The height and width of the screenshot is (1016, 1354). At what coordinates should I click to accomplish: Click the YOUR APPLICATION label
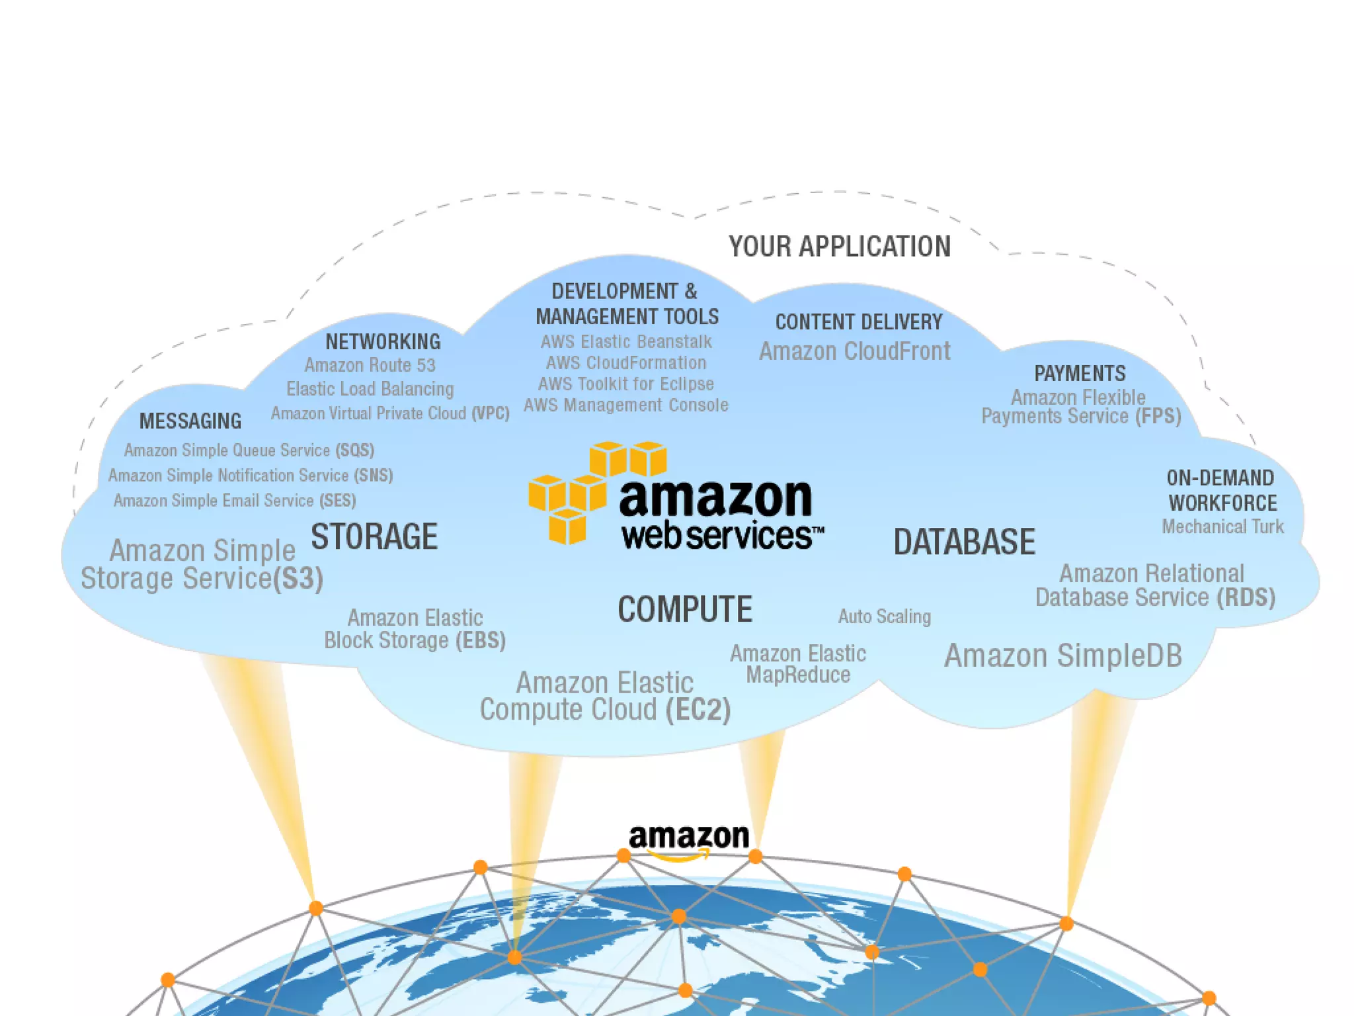(840, 247)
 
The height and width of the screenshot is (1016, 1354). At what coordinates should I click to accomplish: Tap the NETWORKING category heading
(383, 342)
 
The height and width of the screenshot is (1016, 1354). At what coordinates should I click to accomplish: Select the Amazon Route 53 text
(370, 365)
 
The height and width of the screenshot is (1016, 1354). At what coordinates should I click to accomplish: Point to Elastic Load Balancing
(370, 389)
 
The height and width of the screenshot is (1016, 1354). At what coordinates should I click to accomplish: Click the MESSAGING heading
(190, 421)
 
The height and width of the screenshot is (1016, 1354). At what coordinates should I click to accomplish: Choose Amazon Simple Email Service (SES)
(235, 501)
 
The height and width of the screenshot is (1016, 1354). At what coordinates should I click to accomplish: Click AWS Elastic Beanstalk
(626, 342)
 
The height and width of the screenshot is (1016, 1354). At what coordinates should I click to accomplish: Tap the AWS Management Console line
(626, 405)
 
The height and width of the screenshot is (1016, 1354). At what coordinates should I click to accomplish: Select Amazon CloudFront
(854, 351)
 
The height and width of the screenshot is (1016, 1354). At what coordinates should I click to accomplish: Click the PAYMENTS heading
(1080, 374)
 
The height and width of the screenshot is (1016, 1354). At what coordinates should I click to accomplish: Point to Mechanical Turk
(1222, 527)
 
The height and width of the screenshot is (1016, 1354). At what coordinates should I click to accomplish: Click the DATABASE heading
(964, 542)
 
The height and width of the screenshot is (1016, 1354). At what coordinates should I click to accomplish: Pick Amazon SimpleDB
(1062, 656)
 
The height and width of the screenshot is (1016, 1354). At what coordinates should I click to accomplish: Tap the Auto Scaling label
(884, 616)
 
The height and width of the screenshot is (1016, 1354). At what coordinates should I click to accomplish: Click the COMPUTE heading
(685, 609)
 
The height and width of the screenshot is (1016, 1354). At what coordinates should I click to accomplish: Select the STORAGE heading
(374, 536)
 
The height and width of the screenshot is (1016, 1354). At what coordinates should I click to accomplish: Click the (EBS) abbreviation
(481, 640)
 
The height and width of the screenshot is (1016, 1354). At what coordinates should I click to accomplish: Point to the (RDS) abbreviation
(1246, 597)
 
